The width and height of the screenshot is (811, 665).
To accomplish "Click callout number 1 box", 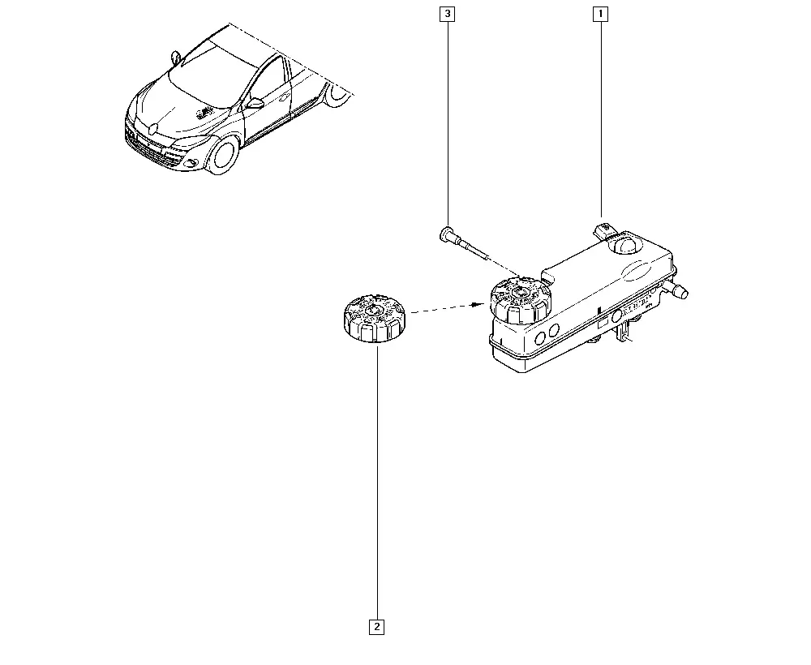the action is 600,14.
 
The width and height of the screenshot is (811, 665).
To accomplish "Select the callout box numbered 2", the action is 376,627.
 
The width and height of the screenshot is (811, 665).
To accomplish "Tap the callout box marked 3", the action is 448,14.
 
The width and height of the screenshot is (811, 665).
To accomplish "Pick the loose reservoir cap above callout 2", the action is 375,318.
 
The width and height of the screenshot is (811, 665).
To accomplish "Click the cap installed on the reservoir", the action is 521,301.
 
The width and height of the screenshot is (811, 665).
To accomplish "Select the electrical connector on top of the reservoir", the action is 604,230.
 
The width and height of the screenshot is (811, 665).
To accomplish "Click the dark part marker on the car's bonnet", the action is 205,112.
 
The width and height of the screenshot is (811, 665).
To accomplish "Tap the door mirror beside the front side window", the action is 255,104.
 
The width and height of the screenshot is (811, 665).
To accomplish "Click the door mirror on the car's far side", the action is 176,58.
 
